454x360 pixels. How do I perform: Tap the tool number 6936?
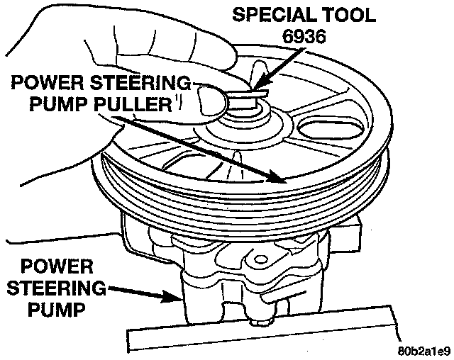(304, 37)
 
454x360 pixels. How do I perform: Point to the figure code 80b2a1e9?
(424, 351)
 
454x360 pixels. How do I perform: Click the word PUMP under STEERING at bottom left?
(57, 310)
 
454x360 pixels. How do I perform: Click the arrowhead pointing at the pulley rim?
(277, 177)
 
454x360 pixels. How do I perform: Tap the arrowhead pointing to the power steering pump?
(171, 296)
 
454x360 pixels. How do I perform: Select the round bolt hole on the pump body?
(260, 259)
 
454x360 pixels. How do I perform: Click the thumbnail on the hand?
(212, 101)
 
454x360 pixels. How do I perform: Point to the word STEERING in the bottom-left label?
(57, 288)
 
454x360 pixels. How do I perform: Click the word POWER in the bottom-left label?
(57, 266)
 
